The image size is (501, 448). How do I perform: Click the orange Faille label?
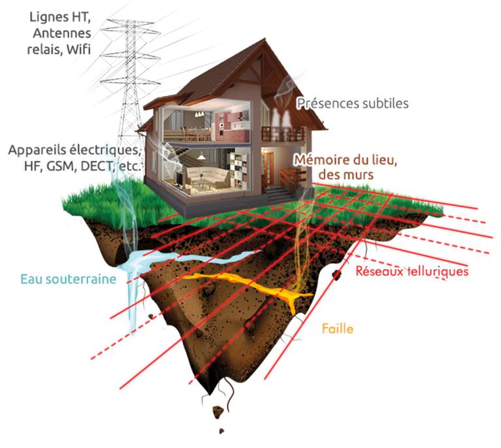(338, 328)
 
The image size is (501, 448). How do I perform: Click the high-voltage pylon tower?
(128, 78)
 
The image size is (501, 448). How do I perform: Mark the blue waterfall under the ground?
(133, 287)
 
